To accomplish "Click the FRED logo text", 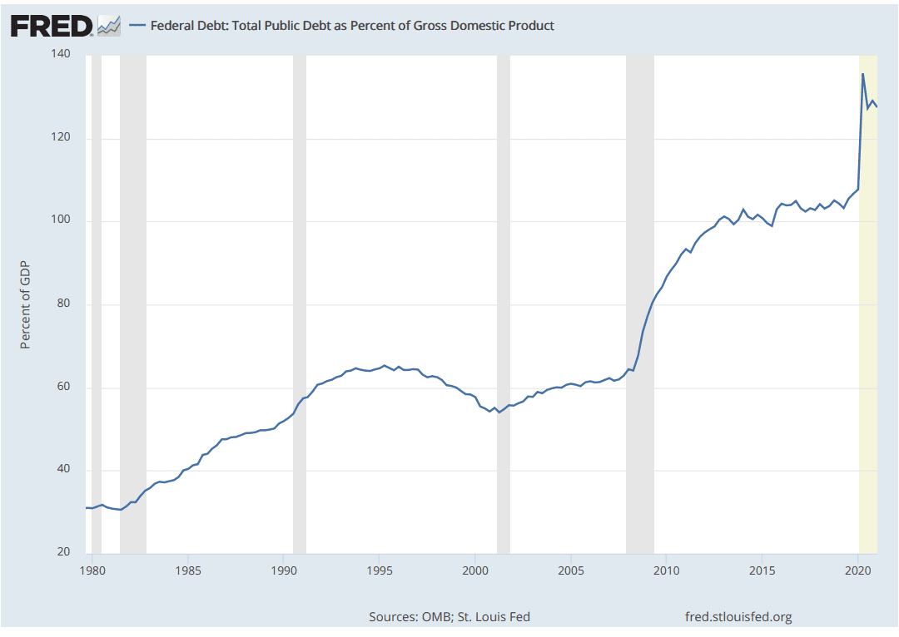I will pyautogui.click(x=52, y=25).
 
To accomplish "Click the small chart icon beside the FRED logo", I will pyautogui.click(x=109, y=26).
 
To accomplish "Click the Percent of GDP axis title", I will pyautogui.click(x=25, y=304).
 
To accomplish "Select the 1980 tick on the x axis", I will pyautogui.click(x=92, y=571).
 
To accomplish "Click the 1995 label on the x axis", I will pyautogui.click(x=379, y=571).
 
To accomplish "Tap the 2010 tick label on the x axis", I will pyautogui.click(x=665, y=571).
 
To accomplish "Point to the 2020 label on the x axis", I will pyautogui.click(x=857, y=571).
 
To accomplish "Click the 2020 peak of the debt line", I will pyautogui.click(x=862, y=74).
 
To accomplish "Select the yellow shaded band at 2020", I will pyautogui.click(x=867, y=333).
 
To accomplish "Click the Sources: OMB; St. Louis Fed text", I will pyautogui.click(x=449, y=616).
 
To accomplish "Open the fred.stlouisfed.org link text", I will pyautogui.click(x=738, y=616).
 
